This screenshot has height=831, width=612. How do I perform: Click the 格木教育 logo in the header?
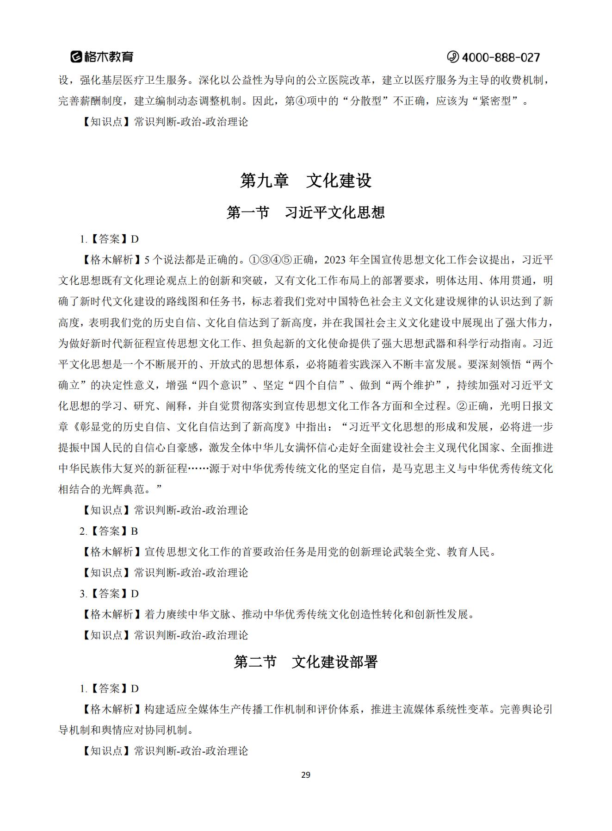tap(102, 57)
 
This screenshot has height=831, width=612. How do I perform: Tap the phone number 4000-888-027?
tap(501, 57)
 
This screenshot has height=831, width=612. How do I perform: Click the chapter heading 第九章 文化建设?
tap(306, 181)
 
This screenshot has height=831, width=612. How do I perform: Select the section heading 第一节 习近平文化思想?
tap(306, 212)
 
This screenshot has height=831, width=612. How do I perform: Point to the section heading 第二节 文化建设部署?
tap(306, 662)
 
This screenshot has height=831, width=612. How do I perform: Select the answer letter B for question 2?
tap(134, 531)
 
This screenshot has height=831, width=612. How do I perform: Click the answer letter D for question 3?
tap(135, 594)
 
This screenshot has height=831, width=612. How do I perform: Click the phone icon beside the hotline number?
tap(452, 57)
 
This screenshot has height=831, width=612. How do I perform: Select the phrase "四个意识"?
tap(220, 385)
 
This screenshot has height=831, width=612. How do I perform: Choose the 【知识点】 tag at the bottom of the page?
tap(106, 750)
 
